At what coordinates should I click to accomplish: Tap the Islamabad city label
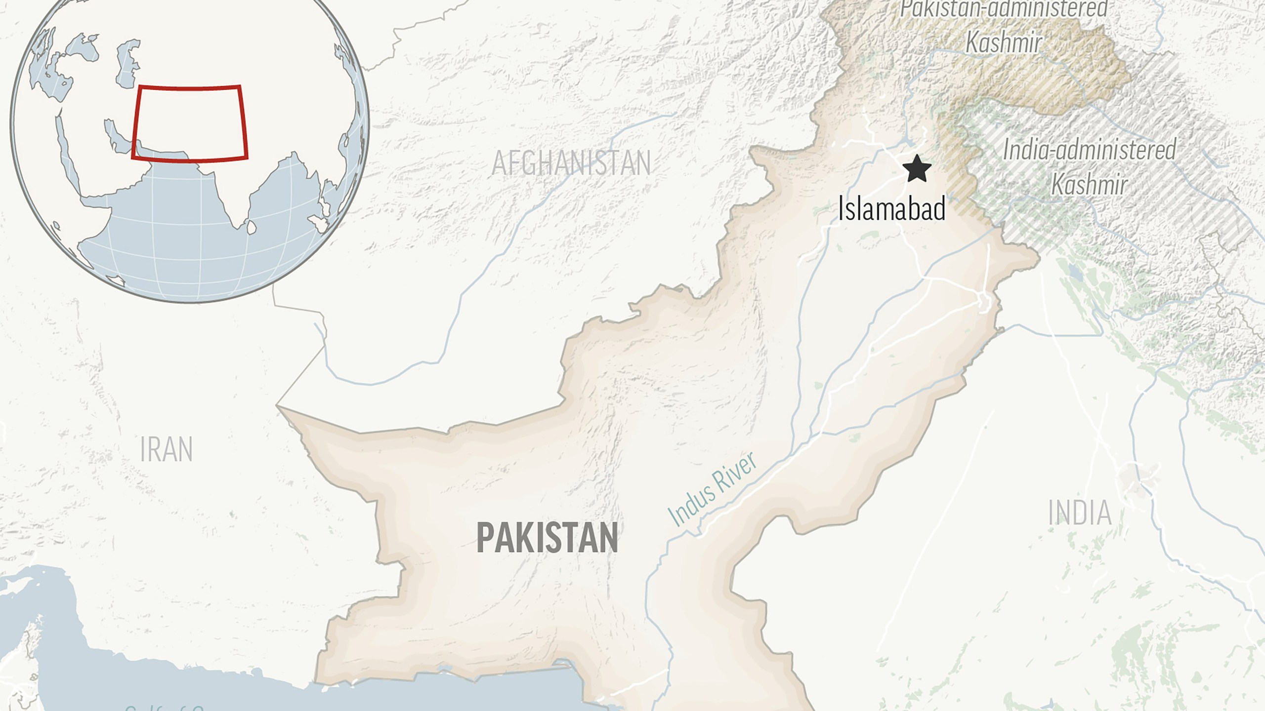pos(892,208)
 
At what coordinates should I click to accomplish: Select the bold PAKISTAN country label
pos(547,538)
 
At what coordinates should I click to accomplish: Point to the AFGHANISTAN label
pos(571,163)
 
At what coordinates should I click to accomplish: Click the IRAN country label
pos(166,449)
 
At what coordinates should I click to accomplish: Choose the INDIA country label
pos(1080,513)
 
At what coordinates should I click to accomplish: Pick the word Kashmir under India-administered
pos(1089,185)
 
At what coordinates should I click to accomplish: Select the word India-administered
pos(1089,150)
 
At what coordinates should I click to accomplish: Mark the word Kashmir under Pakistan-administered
pos(1004,42)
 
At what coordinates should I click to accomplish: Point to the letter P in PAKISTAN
pos(485,538)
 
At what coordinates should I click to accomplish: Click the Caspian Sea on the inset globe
pos(126,64)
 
